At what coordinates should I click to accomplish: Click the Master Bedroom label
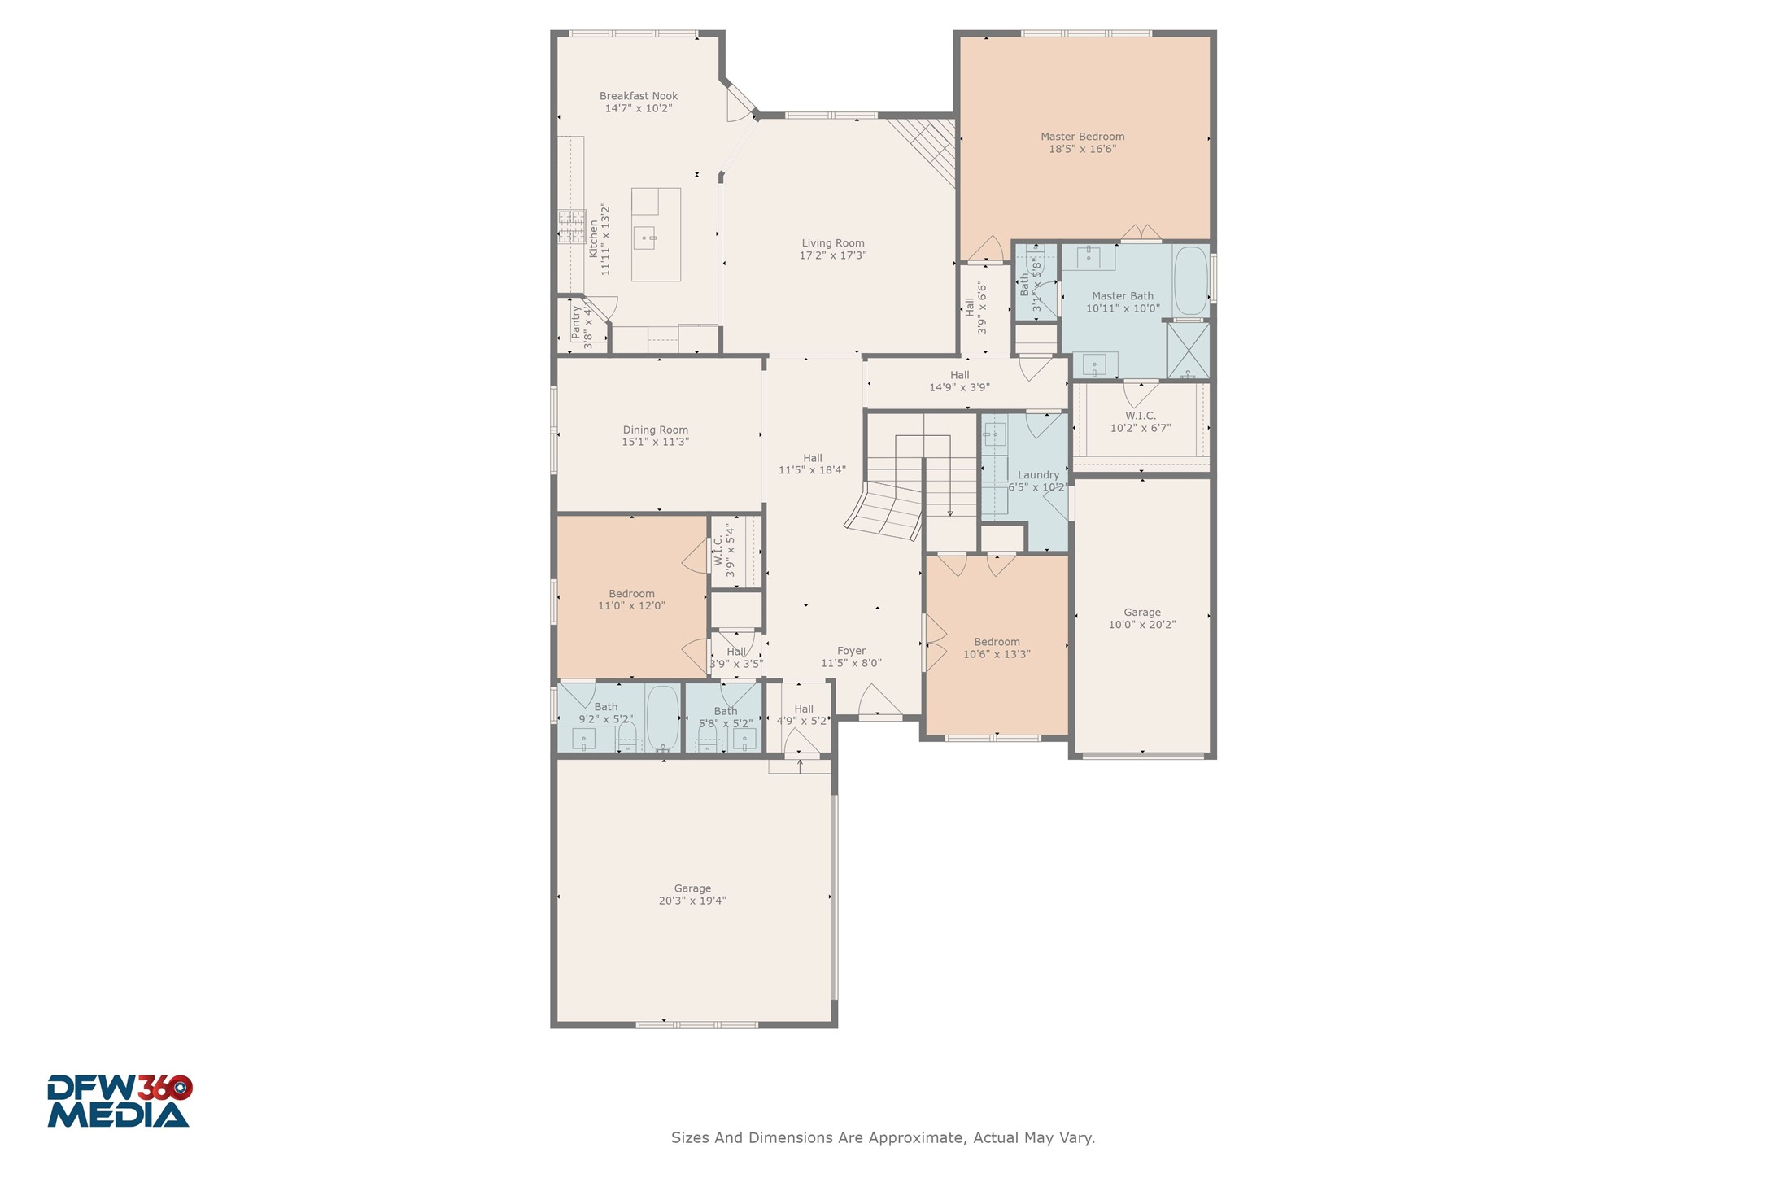point(1082,137)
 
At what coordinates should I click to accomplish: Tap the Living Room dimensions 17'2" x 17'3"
point(832,255)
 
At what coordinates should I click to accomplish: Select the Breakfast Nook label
point(639,96)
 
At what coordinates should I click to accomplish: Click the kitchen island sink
point(644,238)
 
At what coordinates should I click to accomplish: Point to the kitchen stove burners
point(571,226)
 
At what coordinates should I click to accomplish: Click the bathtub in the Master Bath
point(1190,281)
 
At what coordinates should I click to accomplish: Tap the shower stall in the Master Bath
point(1188,351)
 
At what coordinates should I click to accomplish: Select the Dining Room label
point(655,430)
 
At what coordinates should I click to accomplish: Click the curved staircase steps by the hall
point(883,510)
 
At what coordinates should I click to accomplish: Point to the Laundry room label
point(1038,475)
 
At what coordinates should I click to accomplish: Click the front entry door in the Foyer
point(880,704)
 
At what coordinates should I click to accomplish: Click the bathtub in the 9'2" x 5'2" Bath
point(662,718)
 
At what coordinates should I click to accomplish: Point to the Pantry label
point(576,322)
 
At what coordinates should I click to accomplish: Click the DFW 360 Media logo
point(120,1101)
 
